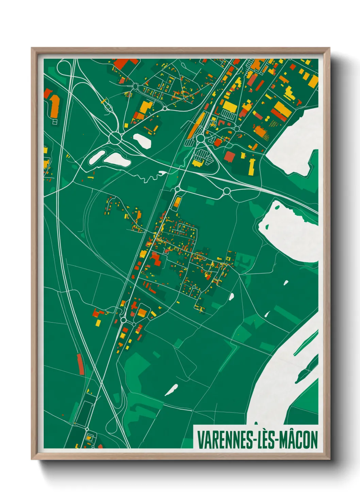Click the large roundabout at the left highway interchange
[116, 138]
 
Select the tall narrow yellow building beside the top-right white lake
[252, 166]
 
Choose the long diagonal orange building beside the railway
[196, 124]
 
